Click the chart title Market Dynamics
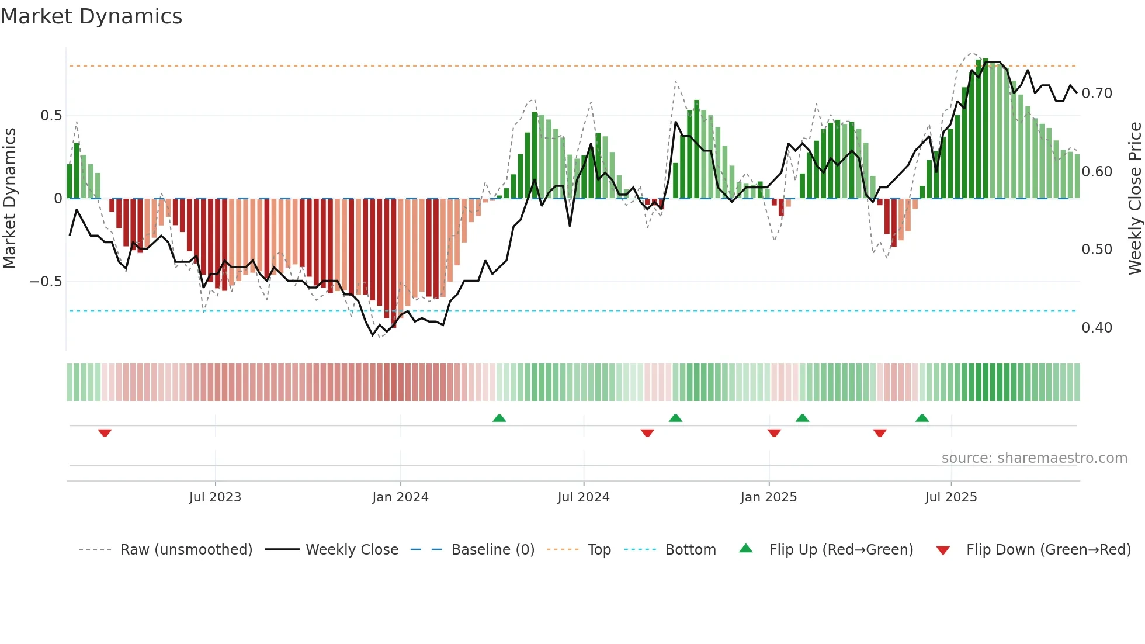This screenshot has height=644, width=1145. coord(91,16)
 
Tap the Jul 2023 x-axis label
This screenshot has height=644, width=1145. coord(215,497)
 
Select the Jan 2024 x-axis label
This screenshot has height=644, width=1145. coord(400,497)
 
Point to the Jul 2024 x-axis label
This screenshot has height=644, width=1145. coord(583,497)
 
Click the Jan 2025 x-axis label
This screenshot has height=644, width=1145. coord(768,497)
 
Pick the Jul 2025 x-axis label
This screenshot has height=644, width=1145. coord(950,497)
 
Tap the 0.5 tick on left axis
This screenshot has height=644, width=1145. coord(51,116)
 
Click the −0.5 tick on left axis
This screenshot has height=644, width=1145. coord(46,282)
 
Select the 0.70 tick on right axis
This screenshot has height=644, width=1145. coord(1097,94)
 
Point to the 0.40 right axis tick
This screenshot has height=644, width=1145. coord(1097,328)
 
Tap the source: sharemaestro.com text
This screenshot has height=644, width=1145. coord(1034,458)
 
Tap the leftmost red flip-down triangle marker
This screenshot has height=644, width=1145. coord(105,433)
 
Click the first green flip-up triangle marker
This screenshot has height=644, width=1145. coord(499,418)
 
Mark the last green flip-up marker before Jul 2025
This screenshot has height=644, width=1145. coord(922,418)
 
